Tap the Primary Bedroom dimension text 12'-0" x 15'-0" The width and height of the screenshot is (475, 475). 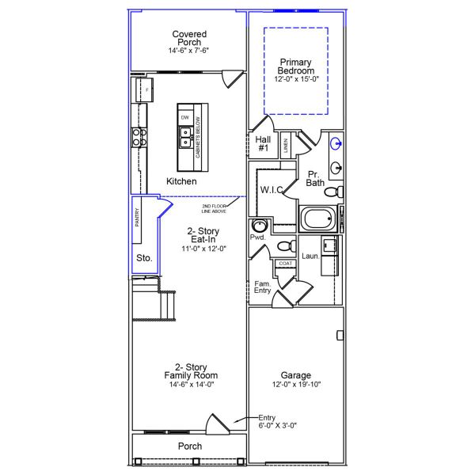[x=295, y=78]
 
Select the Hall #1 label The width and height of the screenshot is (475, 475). [x=264, y=143]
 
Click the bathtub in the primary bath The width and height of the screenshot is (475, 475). [x=319, y=218]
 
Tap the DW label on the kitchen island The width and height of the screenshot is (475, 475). [x=185, y=117]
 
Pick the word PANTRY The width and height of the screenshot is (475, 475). [x=137, y=218]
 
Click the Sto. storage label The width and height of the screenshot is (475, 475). [x=143, y=258]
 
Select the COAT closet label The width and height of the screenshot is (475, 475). [x=285, y=264]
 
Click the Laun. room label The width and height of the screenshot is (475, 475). [x=310, y=256]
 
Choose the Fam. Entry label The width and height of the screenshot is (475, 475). [x=262, y=287]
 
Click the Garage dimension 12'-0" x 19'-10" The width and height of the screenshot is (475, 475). [x=295, y=385]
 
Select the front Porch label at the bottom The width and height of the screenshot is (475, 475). [x=189, y=446]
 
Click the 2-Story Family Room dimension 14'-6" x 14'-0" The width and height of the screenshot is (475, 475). [x=190, y=384]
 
